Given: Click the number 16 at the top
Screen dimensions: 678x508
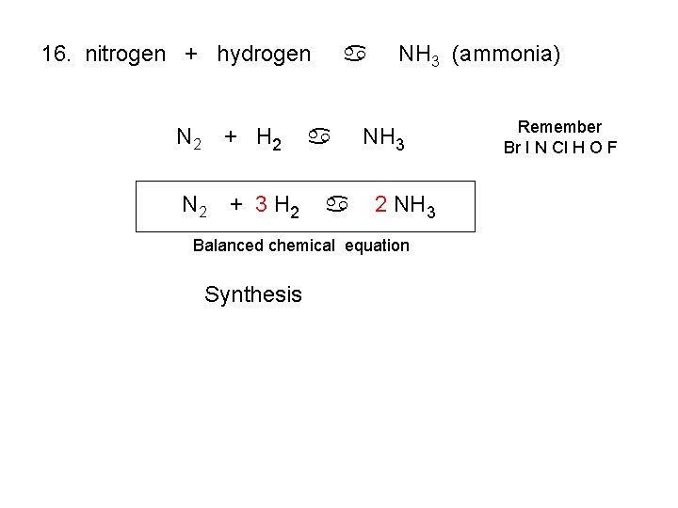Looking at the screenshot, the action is pos(56,54).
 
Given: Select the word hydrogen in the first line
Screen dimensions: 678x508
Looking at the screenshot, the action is pos(264,55).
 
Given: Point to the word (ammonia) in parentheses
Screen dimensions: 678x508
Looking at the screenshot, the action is pos(507,55).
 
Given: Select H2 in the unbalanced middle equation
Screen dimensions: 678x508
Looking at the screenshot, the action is pos(267,141).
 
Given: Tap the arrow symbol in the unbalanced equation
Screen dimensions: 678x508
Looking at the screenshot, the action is pos(320,139).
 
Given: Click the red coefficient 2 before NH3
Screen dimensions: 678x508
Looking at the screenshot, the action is pos(380,203).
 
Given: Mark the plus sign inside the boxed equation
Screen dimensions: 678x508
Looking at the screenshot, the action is pos(236,203).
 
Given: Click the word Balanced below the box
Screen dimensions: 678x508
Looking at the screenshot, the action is pos(228,246).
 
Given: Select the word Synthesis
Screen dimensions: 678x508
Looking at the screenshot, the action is pos(253,295).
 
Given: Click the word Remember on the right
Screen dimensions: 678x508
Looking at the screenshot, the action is pos(559,127).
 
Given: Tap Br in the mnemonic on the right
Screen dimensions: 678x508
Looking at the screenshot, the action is pos(512,147).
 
